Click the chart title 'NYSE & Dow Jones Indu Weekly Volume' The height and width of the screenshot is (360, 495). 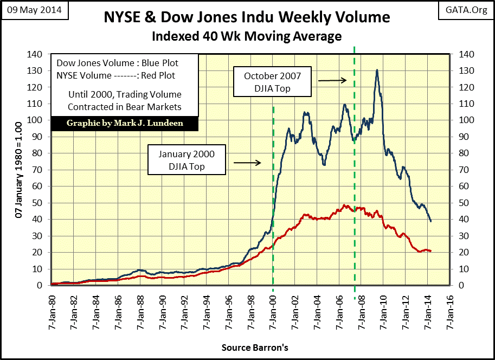pos(247,17)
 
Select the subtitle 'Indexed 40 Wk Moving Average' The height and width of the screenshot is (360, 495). pos(247,36)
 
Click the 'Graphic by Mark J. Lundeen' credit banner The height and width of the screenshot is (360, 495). pos(125,123)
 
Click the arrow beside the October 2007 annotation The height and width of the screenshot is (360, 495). pos(332,80)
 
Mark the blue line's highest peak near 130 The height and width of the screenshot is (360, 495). pos(376,70)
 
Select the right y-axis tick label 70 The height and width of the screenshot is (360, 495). pos(465,170)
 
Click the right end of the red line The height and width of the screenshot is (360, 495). pos(430,251)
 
